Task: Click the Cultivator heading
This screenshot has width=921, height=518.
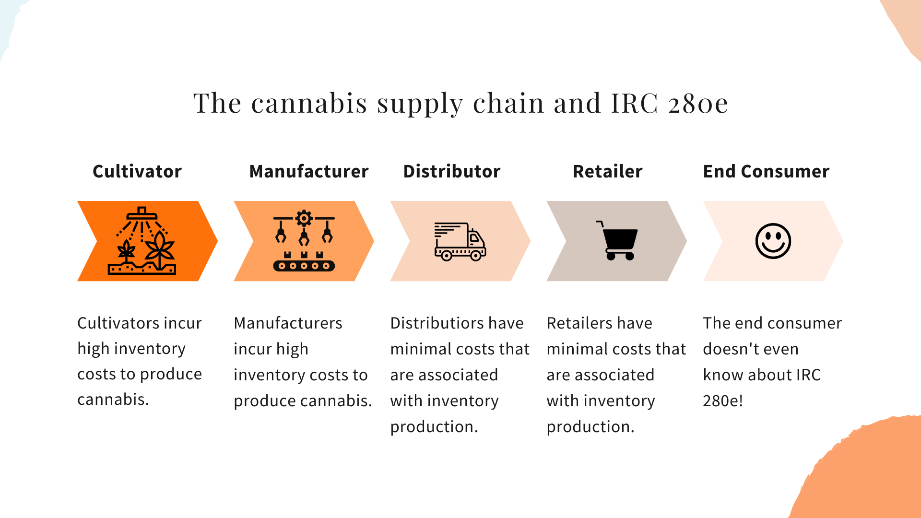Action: [x=137, y=171]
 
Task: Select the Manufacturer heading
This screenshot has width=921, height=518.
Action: [x=309, y=171]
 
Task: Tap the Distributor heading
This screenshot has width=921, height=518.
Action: [x=452, y=171]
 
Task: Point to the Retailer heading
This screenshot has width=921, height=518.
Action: [x=608, y=171]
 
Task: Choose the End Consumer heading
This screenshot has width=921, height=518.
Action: [x=766, y=171]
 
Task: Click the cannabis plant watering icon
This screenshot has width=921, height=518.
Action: [x=142, y=241]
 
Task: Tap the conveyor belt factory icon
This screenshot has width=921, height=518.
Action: [x=304, y=241]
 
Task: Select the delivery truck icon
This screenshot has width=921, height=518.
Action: [x=460, y=241]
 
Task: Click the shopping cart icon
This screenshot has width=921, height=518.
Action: [x=617, y=240]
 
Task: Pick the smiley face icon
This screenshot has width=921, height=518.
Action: [x=773, y=241]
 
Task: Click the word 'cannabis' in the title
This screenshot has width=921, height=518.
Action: [x=309, y=103]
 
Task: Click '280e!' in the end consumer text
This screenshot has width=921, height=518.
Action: [x=723, y=400]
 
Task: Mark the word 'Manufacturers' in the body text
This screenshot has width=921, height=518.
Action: [x=288, y=323]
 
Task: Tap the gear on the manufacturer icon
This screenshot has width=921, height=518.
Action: [x=304, y=218]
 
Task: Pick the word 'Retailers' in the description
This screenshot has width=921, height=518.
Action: [x=578, y=323]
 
